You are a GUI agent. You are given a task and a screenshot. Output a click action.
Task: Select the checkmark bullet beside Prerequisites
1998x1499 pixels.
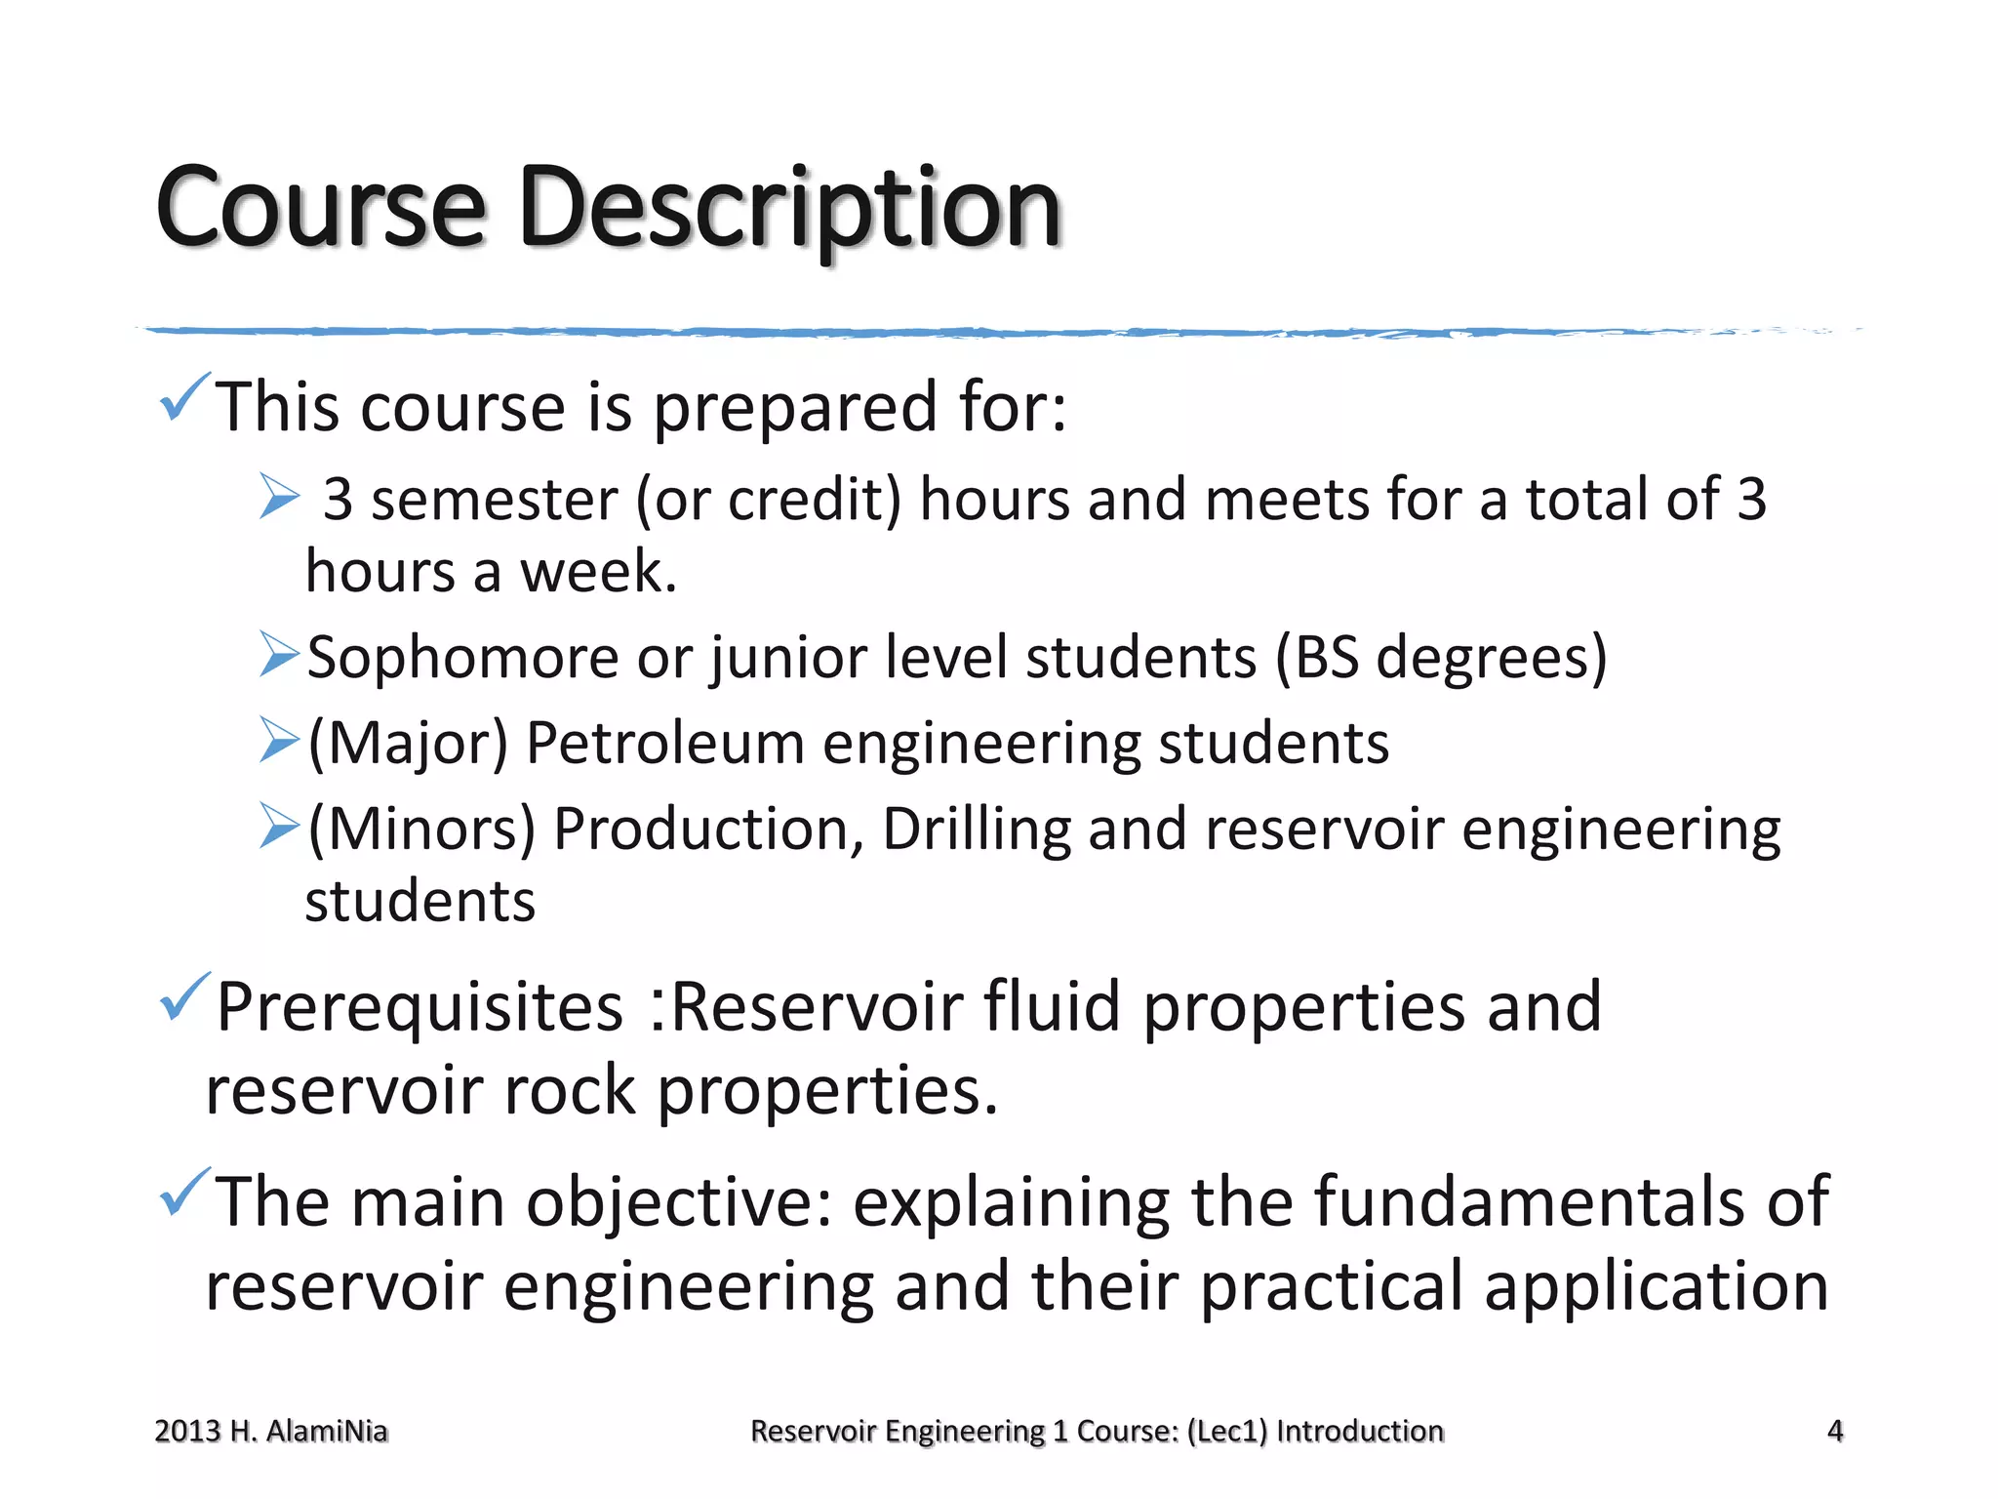coord(183,997)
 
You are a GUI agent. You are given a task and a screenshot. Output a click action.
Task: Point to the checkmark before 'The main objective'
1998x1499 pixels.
coord(183,1193)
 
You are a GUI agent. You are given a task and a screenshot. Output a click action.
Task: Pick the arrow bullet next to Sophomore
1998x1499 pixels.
coord(279,654)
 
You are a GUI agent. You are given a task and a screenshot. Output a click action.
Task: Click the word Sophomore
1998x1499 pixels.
coord(462,658)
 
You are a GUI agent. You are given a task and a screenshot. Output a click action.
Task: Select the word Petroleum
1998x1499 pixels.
coord(664,744)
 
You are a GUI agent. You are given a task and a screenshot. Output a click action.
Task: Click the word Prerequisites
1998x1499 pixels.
coord(420,1007)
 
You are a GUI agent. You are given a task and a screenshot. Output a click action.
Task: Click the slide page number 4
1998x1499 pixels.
coord(1834,1431)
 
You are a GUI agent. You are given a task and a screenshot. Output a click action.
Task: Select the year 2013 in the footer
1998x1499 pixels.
coord(187,1431)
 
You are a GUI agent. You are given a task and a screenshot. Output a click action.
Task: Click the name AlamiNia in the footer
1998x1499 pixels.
coord(327,1431)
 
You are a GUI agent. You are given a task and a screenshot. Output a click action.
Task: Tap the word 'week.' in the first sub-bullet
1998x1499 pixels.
coord(598,572)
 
